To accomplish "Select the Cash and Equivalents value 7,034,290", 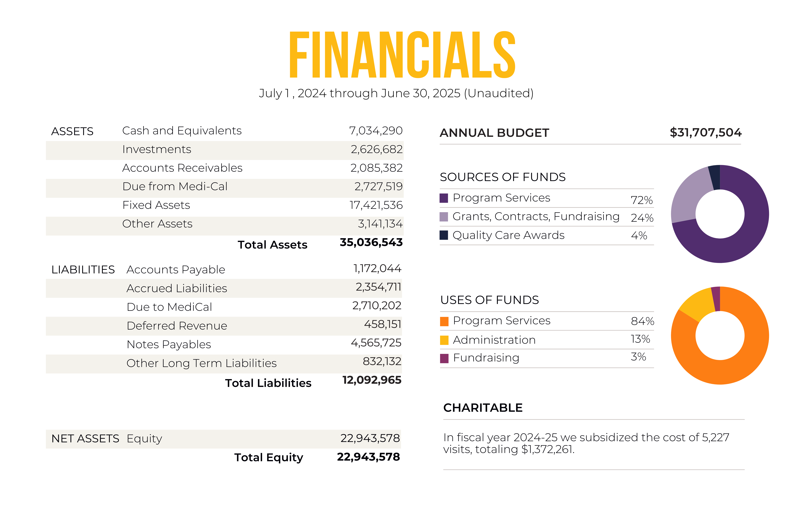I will point(376,131).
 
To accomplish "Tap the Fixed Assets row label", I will point(156,205).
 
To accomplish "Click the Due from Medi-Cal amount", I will point(378,186).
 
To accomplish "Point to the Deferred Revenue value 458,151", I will point(382,324).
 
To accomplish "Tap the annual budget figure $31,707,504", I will point(705,132).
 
